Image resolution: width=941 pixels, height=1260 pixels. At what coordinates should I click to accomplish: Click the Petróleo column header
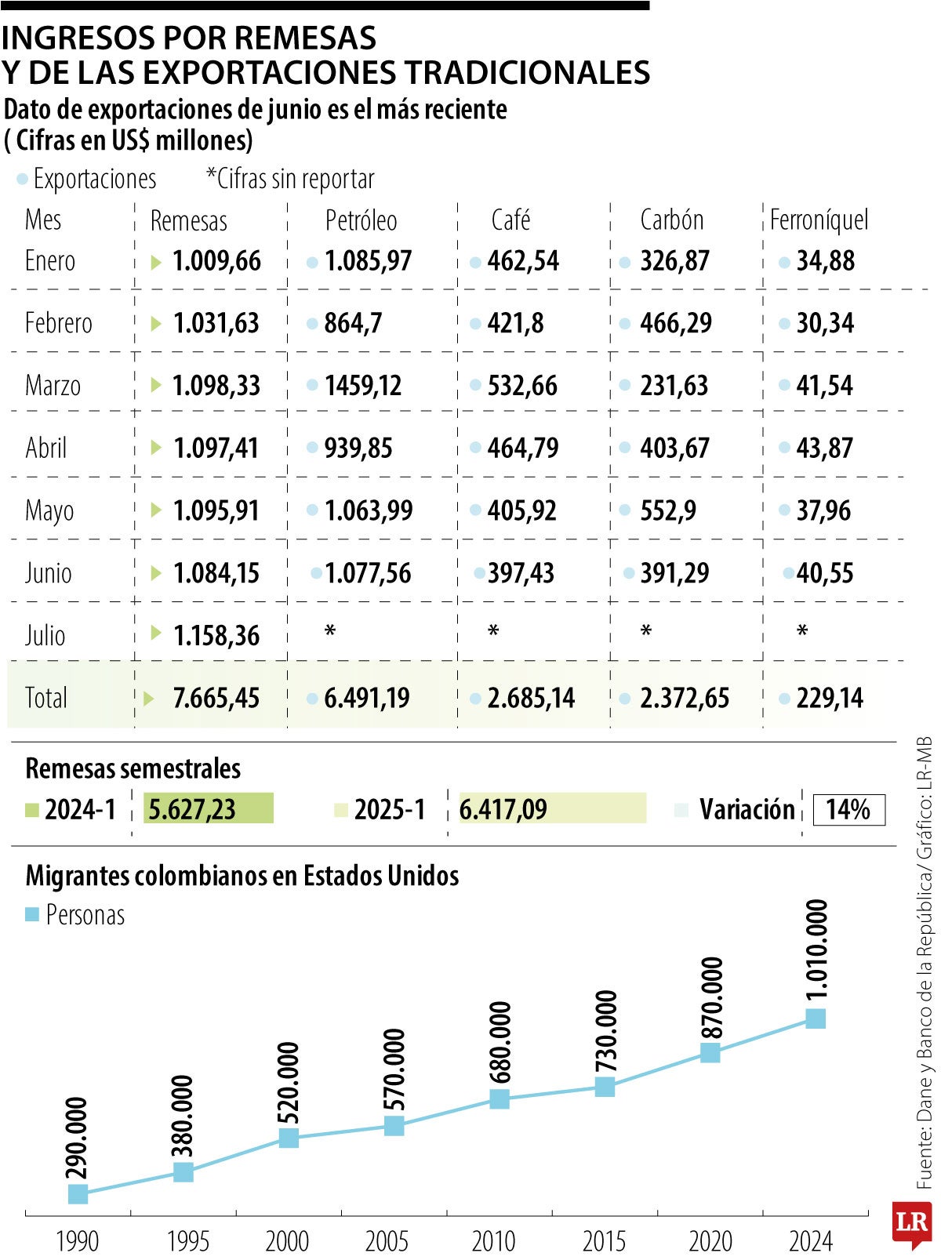tap(361, 220)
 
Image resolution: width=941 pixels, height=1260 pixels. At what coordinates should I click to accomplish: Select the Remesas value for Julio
tap(216, 635)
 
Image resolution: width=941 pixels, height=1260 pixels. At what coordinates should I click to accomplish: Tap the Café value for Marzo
tap(522, 385)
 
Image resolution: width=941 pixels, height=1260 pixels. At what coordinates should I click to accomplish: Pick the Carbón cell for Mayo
tap(667, 510)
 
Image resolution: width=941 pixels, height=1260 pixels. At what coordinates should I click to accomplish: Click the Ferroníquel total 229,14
tap(829, 698)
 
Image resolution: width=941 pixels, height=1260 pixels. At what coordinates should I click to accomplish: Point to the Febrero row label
tap(58, 323)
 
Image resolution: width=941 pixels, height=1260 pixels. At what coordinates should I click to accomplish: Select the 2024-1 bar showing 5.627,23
tap(209, 808)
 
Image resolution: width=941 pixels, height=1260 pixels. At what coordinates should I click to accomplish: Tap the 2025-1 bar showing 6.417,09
tap(552, 808)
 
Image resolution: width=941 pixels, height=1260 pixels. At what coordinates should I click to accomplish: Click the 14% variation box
tap(848, 809)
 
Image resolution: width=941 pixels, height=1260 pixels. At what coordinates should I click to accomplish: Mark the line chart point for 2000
tap(289, 1137)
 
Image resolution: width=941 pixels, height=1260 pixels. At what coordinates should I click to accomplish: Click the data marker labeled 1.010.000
tap(816, 1018)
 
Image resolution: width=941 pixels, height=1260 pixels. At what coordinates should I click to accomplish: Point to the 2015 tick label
tap(604, 1241)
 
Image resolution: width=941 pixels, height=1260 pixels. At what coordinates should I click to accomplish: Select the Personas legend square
tap(32, 914)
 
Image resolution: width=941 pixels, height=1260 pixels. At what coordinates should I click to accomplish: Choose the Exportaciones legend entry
tap(86, 179)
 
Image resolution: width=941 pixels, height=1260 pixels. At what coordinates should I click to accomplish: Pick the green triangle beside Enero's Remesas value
tap(156, 262)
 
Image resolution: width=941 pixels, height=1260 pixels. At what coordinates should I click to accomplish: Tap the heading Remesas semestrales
tap(133, 768)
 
